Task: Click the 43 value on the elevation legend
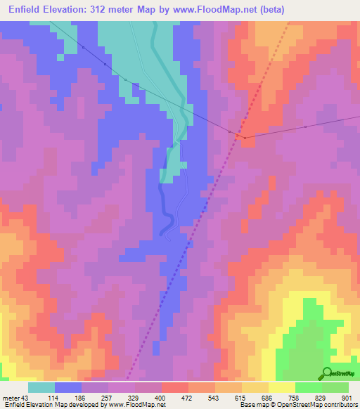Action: (x=27, y=398)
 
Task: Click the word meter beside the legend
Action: (x=11, y=398)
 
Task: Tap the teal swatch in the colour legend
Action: (x=41, y=387)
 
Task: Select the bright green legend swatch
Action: (x=308, y=387)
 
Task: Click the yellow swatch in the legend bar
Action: (x=281, y=387)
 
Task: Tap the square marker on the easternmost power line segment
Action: (x=305, y=126)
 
